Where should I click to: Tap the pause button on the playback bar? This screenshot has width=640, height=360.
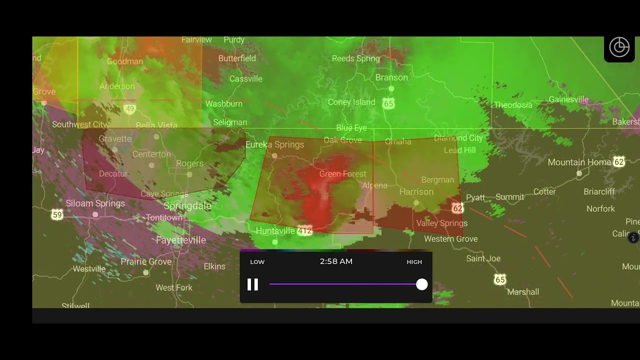pyautogui.click(x=253, y=284)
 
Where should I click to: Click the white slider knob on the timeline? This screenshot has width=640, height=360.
pyautogui.click(x=422, y=284)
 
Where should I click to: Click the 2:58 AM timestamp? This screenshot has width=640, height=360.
pyautogui.click(x=336, y=261)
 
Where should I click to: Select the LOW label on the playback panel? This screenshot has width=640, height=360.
pyautogui.click(x=257, y=262)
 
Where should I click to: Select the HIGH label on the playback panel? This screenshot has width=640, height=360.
pyautogui.click(x=414, y=262)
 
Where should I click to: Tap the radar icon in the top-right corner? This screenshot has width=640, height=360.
pyautogui.click(x=619, y=47)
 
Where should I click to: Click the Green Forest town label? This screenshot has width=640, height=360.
pyautogui.click(x=342, y=174)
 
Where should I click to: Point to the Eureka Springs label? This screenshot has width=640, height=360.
pyautogui.click(x=274, y=144)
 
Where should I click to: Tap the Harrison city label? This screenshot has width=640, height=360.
pyautogui.click(x=416, y=192)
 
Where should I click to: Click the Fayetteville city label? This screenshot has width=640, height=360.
pyautogui.click(x=180, y=240)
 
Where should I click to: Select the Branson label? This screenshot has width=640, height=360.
pyautogui.click(x=391, y=77)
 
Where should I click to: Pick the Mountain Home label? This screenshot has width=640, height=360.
pyautogui.click(x=579, y=162)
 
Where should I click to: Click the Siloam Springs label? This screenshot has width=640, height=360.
pyautogui.click(x=95, y=203)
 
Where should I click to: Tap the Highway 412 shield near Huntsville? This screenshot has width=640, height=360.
pyautogui.click(x=304, y=231)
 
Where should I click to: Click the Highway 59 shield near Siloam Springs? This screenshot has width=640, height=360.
pyautogui.click(x=57, y=215)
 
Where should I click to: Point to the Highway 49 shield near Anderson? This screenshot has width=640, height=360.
pyautogui.click(x=130, y=109)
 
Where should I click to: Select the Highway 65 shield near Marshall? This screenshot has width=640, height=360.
pyautogui.click(x=500, y=280)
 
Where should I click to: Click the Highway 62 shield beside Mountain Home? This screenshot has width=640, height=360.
pyautogui.click(x=619, y=162)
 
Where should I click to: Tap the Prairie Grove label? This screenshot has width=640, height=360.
pyautogui.click(x=146, y=262)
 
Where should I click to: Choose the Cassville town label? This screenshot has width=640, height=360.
pyautogui.click(x=245, y=79)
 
